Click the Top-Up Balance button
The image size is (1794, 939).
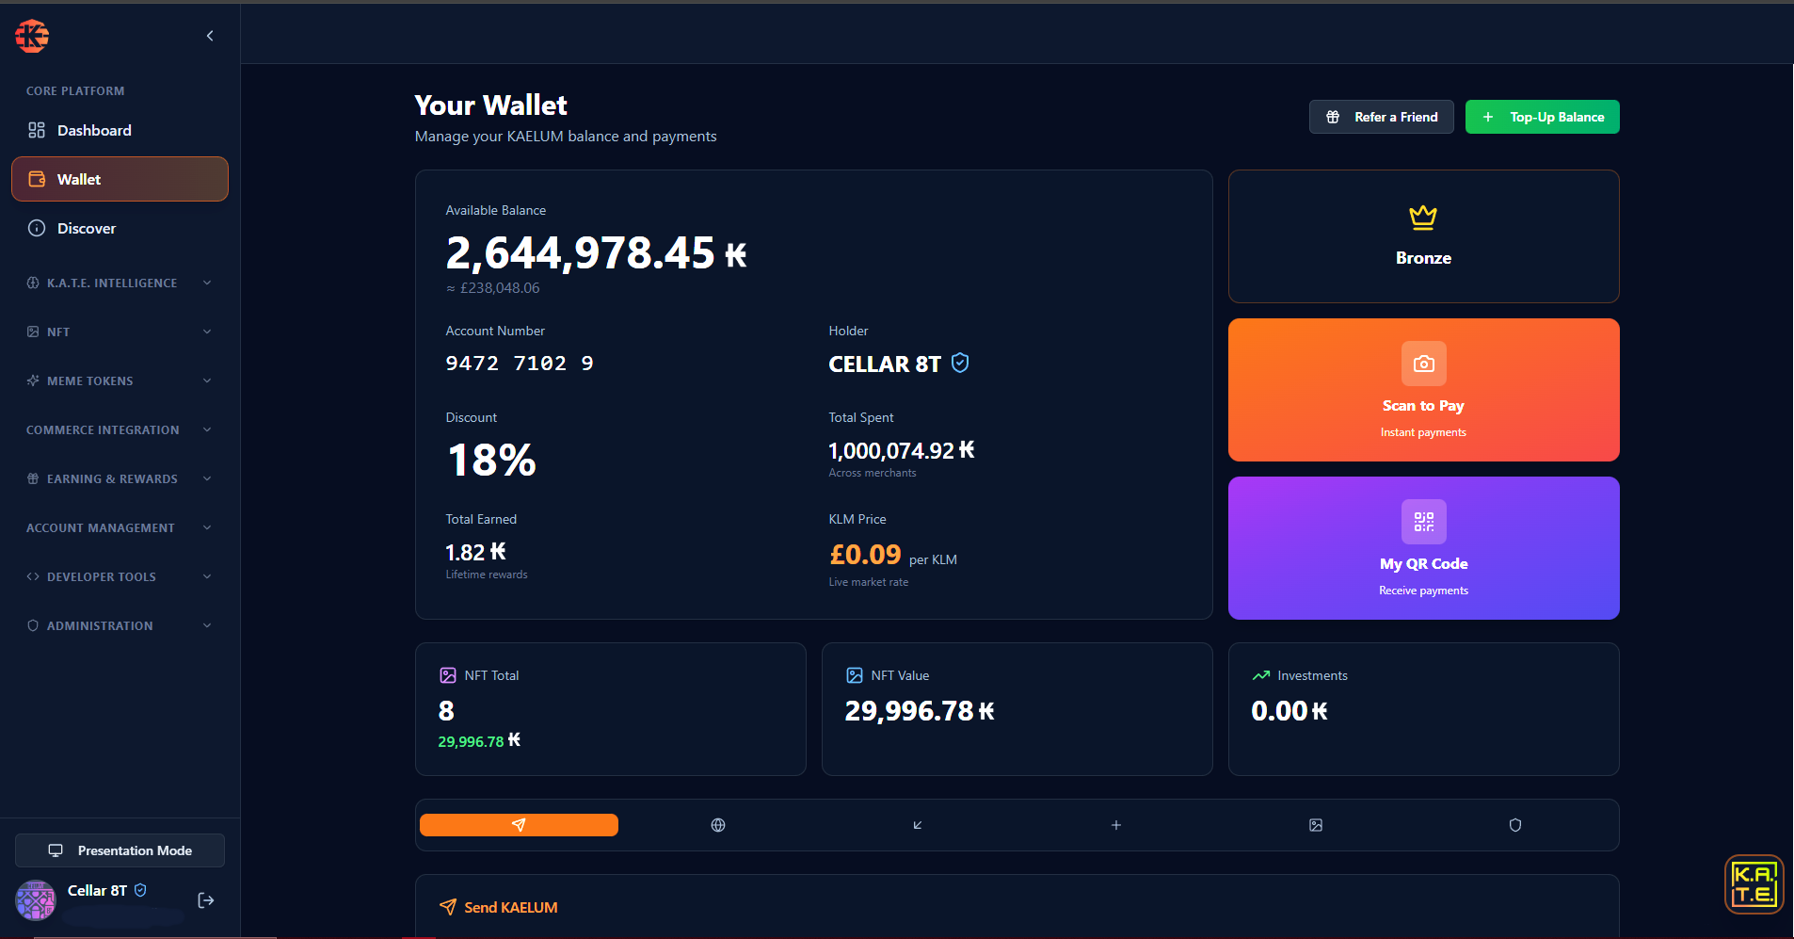pyautogui.click(x=1542, y=117)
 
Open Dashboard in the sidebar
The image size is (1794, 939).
pyautogui.click(x=94, y=130)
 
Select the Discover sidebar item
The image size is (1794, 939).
pyautogui.click(x=87, y=228)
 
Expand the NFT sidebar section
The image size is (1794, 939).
pyautogui.click(x=120, y=332)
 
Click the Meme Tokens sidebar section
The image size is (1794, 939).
pyautogui.click(x=120, y=380)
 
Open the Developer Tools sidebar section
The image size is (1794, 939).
pyautogui.click(x=120, y=576)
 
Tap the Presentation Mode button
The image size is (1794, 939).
pyautogui.click(x=120, y=850)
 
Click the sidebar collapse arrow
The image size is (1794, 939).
pyautogui.click(x=210, y=36)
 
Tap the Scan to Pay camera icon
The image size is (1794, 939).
pyautogui.click(x=1423, y=364)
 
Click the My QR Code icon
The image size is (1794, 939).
pyautogui.click(x=1423, y=522)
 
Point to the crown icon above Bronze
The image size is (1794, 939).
pyautogui.click(x=1423, y=218)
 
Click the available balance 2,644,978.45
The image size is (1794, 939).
pyautogui.click(x=580, y=253)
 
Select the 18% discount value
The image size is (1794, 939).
pyautogui.click(x=491, y=461)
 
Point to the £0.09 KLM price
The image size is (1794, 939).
pyautogui.click(x=865, y=555)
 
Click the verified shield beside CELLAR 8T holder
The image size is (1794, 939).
pyautogui.click(x=960, y=363)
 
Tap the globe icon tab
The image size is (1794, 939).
pyautogui.click(x=718, y=825)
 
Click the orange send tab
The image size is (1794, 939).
pyautogui.click(x=519, y=825)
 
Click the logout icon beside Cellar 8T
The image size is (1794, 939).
pyautogui.click(x=206, y=900)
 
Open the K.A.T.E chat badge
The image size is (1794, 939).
pyautogui.click(x=1754, y=884)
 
